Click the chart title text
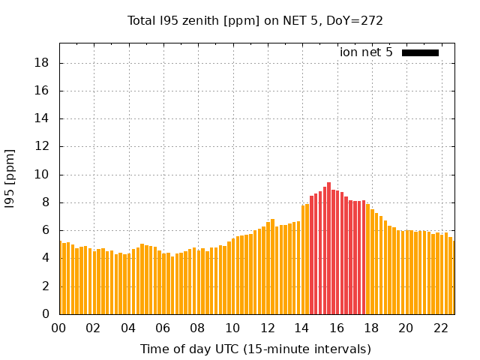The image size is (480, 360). pyautogui.click(x=256, y=21)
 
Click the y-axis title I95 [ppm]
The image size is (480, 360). pyautogui.click(x=10, y=178)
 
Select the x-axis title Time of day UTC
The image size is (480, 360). pyautogui.click(x=256, y=349)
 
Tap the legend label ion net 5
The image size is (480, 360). pyautogui.click(x=366, y=52)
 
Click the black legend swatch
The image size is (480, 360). pyautogui.click(x=420, y=52)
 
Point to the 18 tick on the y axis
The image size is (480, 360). pyautogui.click(x=42, y=63)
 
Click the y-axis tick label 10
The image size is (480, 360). pyautogui.click(x=42, y=175)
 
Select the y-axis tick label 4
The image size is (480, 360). pyautogui.click(x=45, y=258)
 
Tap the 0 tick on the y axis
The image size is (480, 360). pyautogui.click(x=45, y=314)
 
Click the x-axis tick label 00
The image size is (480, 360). pyautogui.click(x=58, y=328)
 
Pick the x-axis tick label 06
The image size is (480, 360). pyautogui.click(x=163, y=328)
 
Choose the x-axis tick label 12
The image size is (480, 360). pyautogui.click(x=267, y=328)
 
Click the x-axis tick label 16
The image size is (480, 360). pyautogui.click(x=337, y=328)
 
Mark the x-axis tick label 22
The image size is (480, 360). pyautogui.click(x=441, y=328)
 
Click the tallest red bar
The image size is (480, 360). pyautogui.click(x=328, y=247)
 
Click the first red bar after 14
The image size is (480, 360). pyautogui.click(x=311, y=255)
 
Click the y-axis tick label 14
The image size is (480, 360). pyautogui.click(x=42, y=118)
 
